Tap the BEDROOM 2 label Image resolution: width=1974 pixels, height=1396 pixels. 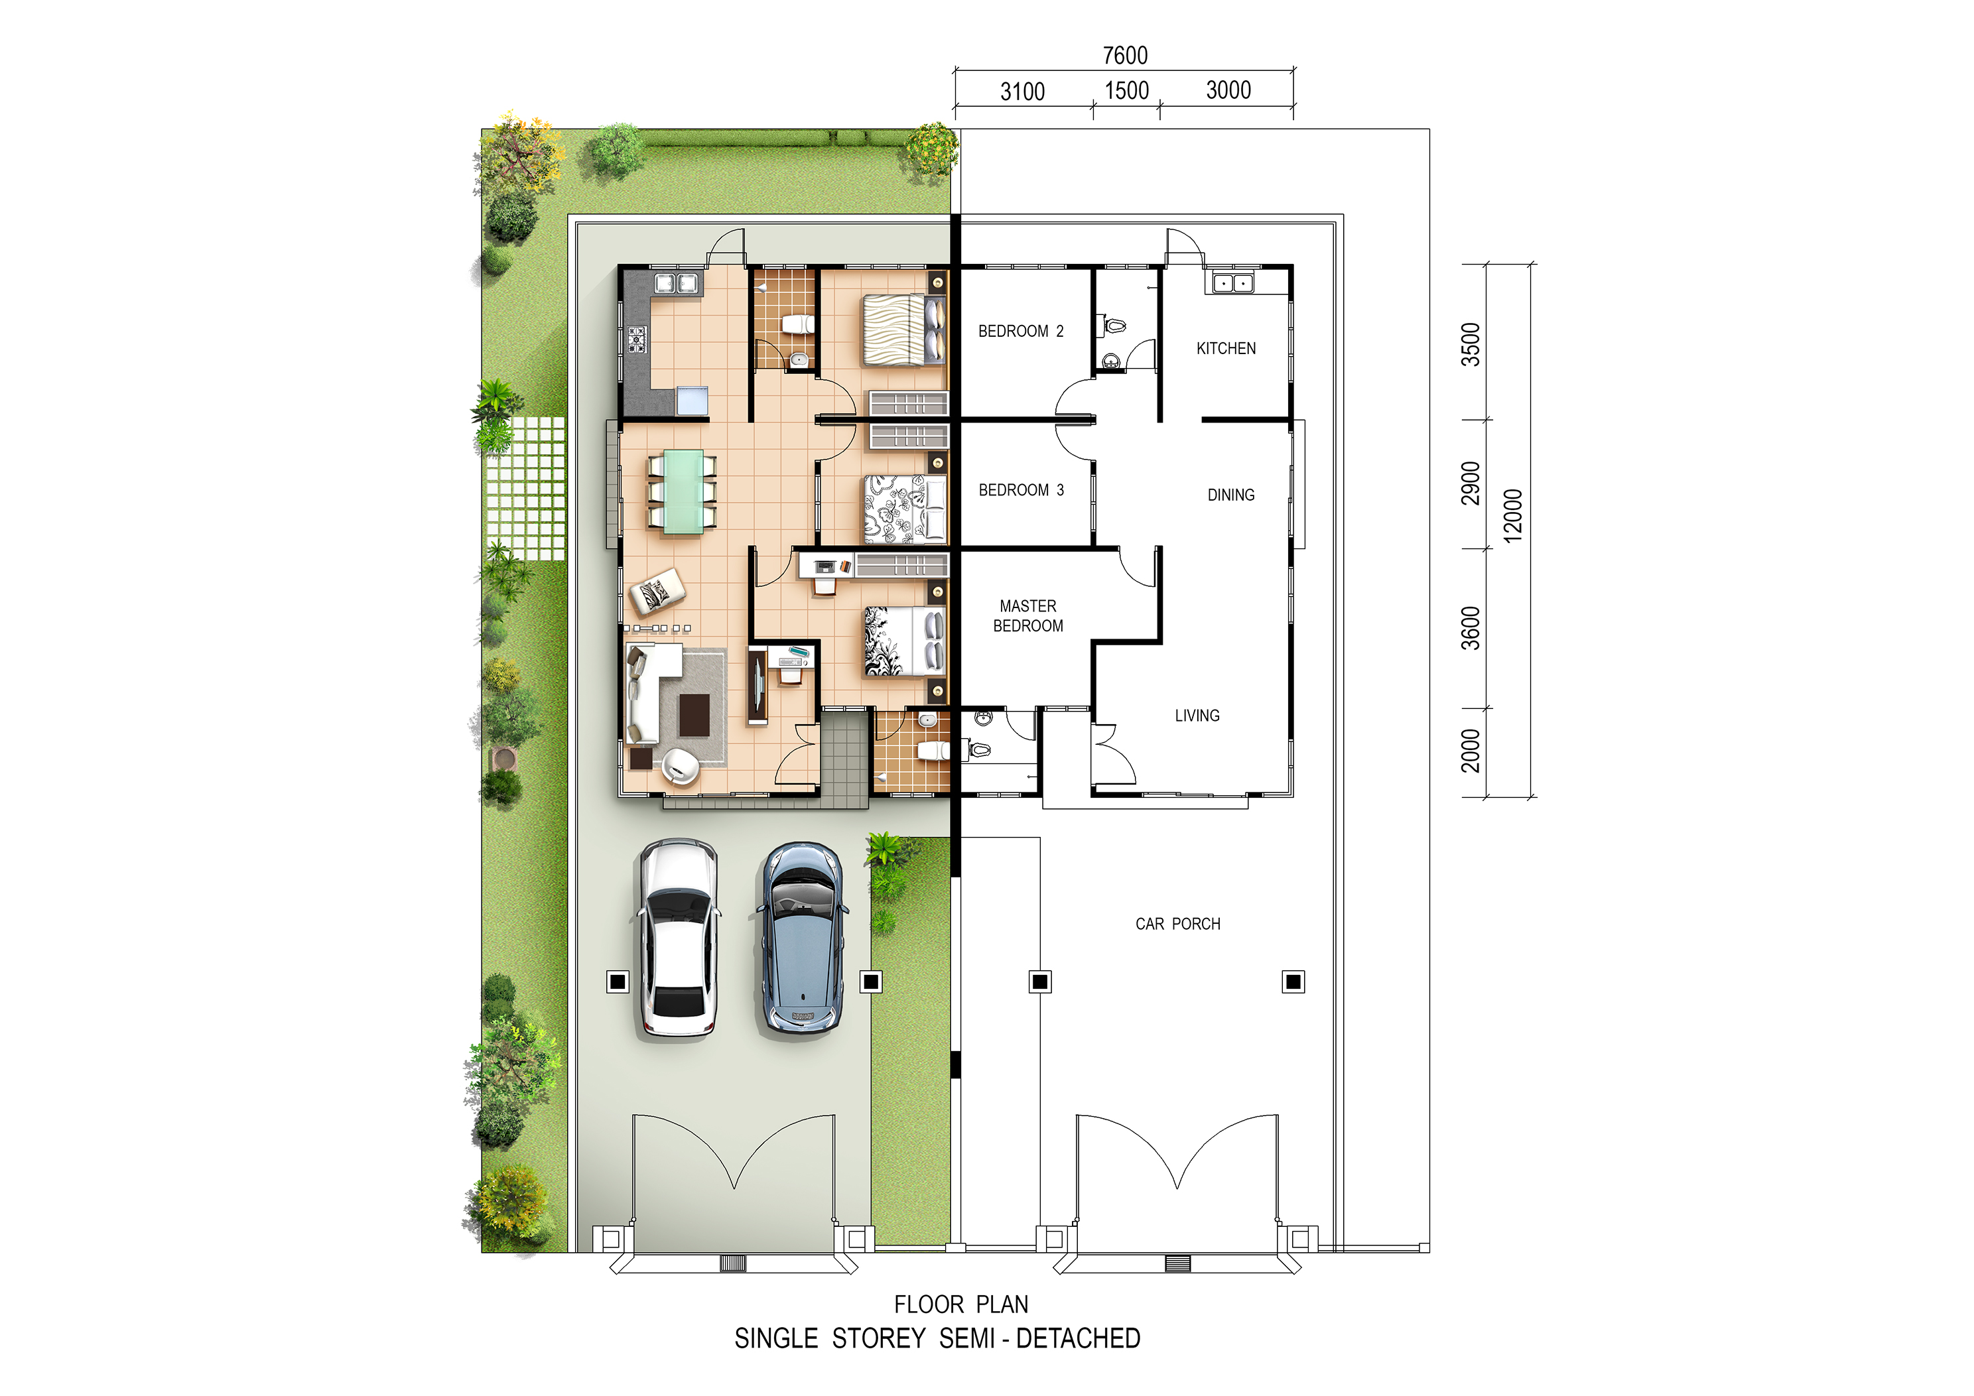[1021, 331]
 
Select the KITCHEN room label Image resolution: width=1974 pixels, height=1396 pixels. [1226, 348]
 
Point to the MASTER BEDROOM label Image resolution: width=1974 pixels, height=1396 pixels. [1028, 615]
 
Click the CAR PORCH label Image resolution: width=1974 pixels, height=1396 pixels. [1178, 923]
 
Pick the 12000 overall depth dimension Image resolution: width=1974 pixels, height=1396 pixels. [1512, 516]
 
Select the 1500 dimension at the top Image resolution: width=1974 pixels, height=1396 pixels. [1126, 90]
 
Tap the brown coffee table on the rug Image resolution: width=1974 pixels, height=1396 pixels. [694, 715]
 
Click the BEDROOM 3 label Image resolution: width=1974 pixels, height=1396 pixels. [1021, 490]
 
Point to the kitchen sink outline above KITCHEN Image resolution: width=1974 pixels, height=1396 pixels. [1233, 282]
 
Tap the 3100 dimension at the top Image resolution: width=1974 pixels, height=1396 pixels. [1022, 91]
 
